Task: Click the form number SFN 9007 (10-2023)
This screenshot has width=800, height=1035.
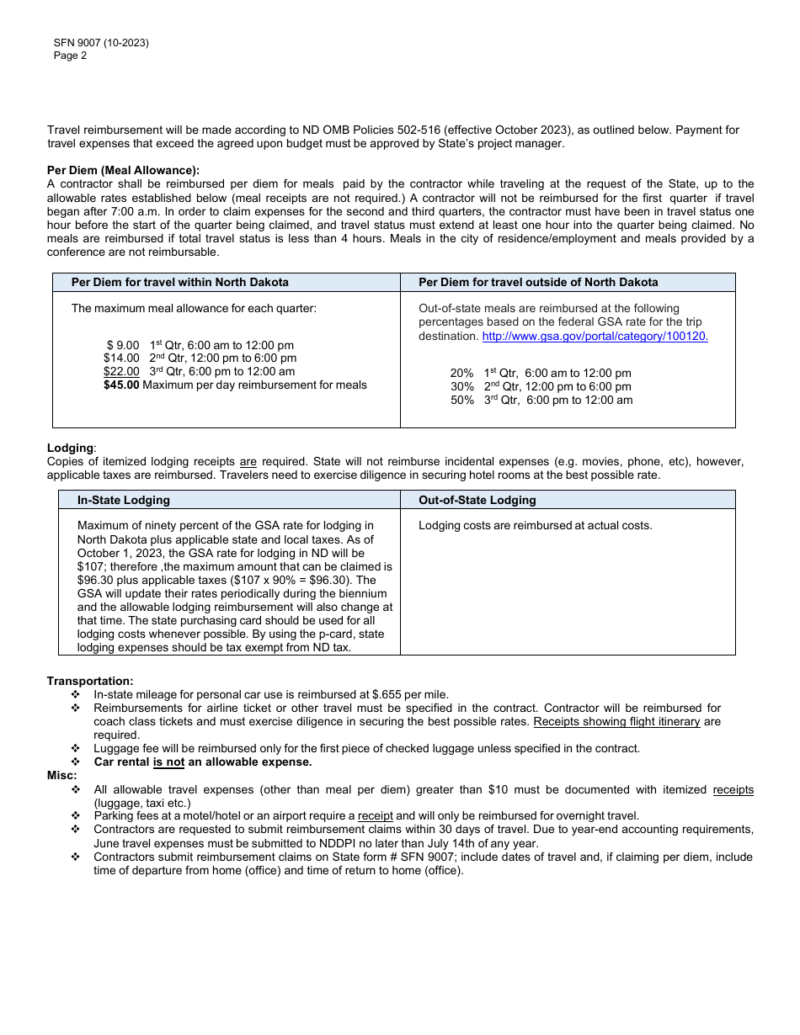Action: pos(100,44)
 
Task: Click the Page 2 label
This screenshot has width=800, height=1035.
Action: pos(70,56)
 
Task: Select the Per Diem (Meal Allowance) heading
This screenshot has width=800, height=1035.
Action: pos(123,171)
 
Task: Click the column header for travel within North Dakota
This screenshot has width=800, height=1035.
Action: pos(179,283)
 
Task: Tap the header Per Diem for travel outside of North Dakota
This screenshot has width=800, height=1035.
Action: pos(538,283)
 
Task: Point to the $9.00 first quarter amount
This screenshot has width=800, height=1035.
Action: pos(123,346)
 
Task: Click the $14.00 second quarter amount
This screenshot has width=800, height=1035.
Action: pos(121,358)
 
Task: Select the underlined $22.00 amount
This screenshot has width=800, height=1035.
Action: pos(121,372)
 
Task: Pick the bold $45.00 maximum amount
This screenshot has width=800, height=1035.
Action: pos(121,385)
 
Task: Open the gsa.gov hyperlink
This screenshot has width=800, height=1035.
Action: pos(595,337)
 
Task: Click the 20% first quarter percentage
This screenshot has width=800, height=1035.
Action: pos(461,374)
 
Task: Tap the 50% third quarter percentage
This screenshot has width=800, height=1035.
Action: pos(461,401)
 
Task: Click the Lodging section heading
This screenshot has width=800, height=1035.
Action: pos(71,448)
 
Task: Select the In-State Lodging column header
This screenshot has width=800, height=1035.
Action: pos(124,501)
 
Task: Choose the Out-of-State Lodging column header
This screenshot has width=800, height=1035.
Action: pos(477,501)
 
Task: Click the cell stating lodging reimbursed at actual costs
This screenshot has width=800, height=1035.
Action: pos(535,526)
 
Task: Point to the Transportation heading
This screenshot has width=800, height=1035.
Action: pos(90,681)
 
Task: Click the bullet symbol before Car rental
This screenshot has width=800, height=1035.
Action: pos(76,762)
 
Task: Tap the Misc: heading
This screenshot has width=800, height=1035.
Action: pos(62,775)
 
